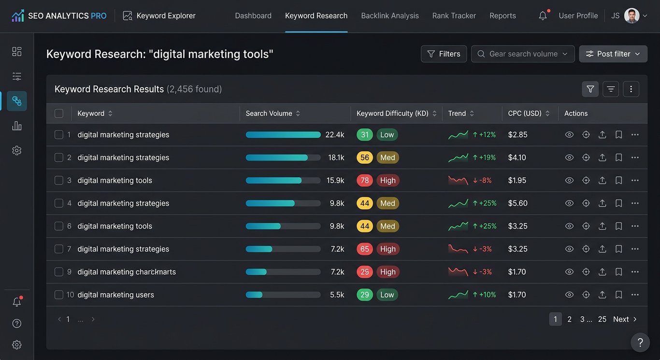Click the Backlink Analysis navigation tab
click(x=389, y=15)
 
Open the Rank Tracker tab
click(x=454, y=15)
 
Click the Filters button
click(x=444, y=54)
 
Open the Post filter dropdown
click(x=613, y=54)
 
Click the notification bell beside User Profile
click(x=543, y=15)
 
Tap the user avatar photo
click(x=631, y=15)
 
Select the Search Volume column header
click(x=269, y=113)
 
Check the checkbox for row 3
click(x=59, y=180)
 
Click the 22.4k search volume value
click(x=334, y=134)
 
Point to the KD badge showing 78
click(x=365, y=180)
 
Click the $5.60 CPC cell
click(x=517, y=203)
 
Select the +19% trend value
click(x=487, y=158)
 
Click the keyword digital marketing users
click(x=115, y=295)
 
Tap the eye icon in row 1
click(x=569, y=134)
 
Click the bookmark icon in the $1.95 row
click(x=618, y=180)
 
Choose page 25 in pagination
click(x=602, y=319)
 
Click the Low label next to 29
click(x=387, y=295)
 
